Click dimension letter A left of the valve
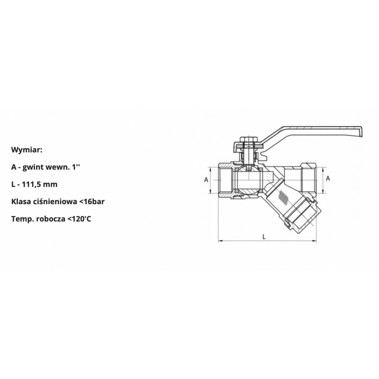tap(206, 180)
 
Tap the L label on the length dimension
tap(264, 235)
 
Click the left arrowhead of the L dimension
tap(220, 241)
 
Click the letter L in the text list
tap(13, 184)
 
